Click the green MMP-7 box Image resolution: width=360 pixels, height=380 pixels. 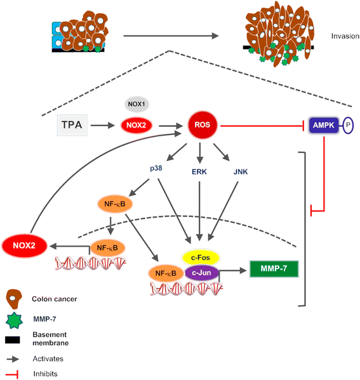tap(274, 269)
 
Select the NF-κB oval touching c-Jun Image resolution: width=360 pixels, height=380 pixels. tap(168, 273)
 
